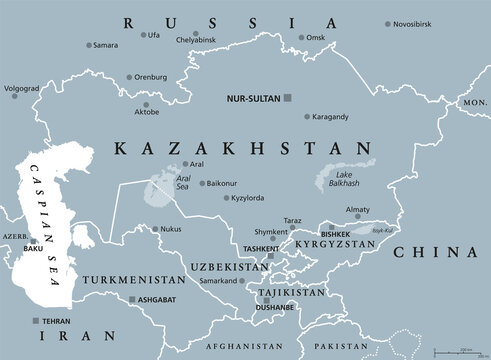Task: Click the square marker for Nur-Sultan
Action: pos(288,98)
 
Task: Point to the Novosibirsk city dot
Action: pos(388,24)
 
